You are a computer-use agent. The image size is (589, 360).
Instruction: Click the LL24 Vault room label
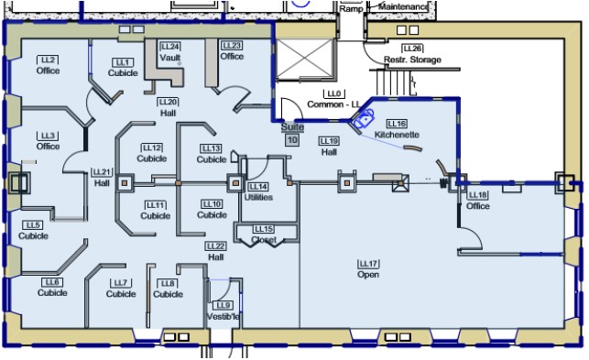(x=169, y=52)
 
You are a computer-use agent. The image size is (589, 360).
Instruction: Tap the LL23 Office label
(x=232, y=51)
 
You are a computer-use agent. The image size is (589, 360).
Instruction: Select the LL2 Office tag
(x=48, y=65)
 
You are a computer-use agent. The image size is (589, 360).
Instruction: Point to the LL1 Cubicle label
(x=123, y=67)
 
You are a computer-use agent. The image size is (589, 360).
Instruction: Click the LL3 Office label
(x=48, y=141)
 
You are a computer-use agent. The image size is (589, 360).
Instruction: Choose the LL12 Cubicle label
(x=152, y=153)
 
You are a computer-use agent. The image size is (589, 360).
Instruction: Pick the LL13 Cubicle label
(x=212, y=154)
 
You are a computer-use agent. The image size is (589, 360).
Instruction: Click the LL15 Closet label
(x=264, y=234)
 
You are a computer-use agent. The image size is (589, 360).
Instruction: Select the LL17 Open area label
(x=368, y=269)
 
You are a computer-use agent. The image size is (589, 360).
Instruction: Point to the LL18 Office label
(x=478, y=201)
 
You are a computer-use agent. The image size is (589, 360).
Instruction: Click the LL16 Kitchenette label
(x=397, y=129)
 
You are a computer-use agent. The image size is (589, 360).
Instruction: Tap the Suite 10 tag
(x=293, y=135)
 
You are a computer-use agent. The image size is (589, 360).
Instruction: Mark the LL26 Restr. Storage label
(x=412, y=55)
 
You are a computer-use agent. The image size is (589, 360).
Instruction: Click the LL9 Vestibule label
(x=224, y=311)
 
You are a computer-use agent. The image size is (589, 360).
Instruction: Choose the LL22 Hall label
(x=216, y=252)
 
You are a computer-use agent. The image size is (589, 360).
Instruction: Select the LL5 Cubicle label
(x=34, y=230)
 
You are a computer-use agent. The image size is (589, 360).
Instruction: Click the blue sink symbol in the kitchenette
(x=367, y=117)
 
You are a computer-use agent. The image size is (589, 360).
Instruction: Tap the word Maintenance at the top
(x=402, y=6)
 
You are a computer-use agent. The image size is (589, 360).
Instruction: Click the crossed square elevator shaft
(x=307, y=62)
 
